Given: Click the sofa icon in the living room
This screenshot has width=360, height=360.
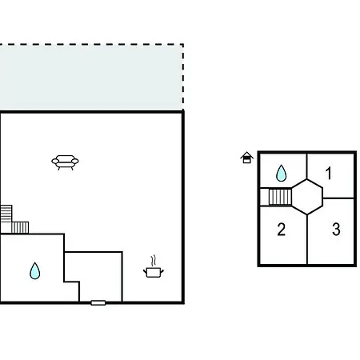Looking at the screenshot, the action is [x=65, y=162].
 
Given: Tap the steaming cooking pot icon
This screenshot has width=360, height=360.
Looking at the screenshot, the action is [x=154, y=267].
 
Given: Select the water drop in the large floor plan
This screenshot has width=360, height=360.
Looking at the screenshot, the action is [x=34, y=271].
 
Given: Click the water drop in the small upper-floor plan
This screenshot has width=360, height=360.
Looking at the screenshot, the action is [x=281, y=174].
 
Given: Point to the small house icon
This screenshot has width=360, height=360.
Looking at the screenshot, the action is [x=246, y=158].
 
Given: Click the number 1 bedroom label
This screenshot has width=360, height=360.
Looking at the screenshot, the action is [x=329, y=173].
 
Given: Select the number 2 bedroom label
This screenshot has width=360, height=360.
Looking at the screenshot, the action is [x=282, y=230].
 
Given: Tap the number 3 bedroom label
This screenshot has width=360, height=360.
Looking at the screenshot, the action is [x=336, y=230].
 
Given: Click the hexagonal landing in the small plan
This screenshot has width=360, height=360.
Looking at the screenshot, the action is [x=307, y=197].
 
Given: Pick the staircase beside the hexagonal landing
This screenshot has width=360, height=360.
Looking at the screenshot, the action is [x=280, y=197].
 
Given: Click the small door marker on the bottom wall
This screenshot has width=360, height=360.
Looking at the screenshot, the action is [x=98, y=302].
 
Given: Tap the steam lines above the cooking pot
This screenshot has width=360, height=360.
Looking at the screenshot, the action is [x=153, y=261].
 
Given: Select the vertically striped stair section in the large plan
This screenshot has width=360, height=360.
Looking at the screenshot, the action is [x=20, y=227].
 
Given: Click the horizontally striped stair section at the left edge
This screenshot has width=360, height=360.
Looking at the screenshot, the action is [x=6, y=214].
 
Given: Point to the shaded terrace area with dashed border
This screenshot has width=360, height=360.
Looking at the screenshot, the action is [x=91, y=78].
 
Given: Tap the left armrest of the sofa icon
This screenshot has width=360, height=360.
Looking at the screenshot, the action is [x=55, y=161].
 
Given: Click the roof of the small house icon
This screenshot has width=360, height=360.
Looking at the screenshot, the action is [x=246, y=154].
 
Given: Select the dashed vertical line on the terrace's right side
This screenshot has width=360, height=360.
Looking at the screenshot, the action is [x=183, y=78].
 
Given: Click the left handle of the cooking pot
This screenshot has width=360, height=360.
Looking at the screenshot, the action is [x=145, y=271].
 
